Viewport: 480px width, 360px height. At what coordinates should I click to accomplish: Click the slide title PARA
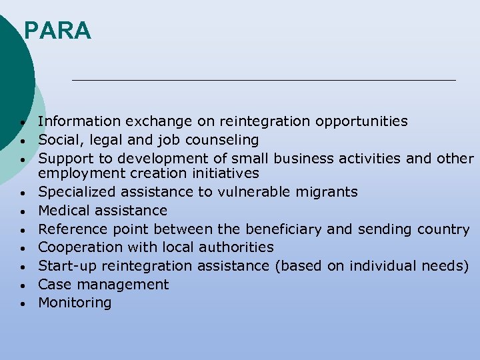click(57, 31)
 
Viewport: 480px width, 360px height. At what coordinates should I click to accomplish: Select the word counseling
click(225, 140)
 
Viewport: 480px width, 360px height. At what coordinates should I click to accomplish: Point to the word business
click(303, 159)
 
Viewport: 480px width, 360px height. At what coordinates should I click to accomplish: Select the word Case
click(53, 285)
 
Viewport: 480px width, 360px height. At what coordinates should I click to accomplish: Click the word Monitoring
click(75, 303)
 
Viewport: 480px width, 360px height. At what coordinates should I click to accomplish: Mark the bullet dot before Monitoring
click(23, 304)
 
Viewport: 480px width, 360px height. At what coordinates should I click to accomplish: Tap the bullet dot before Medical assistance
click(23, 212)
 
